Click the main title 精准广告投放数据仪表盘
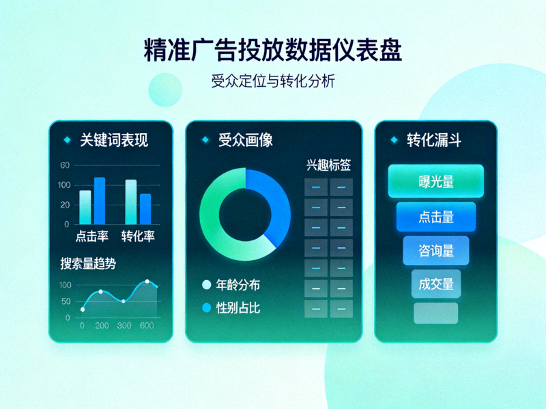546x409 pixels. [273, 51]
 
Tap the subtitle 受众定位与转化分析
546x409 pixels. [273, 81]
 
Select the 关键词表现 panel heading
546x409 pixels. [114, 140]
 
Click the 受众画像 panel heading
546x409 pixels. [246, 140]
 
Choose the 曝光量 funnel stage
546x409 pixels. [435, 182]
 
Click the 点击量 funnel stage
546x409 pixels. [435, 217]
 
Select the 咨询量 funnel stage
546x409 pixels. [435, 251]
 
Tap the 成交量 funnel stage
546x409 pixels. [435, 283]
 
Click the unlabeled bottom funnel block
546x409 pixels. [435, 313]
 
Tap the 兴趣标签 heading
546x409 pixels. [328, 165]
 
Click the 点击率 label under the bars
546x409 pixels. [92, 236]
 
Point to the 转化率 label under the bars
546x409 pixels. [138, 236]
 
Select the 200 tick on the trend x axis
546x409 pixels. [102, 326]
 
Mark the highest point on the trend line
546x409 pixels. [147, 281]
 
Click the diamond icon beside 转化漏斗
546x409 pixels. [394, 140]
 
